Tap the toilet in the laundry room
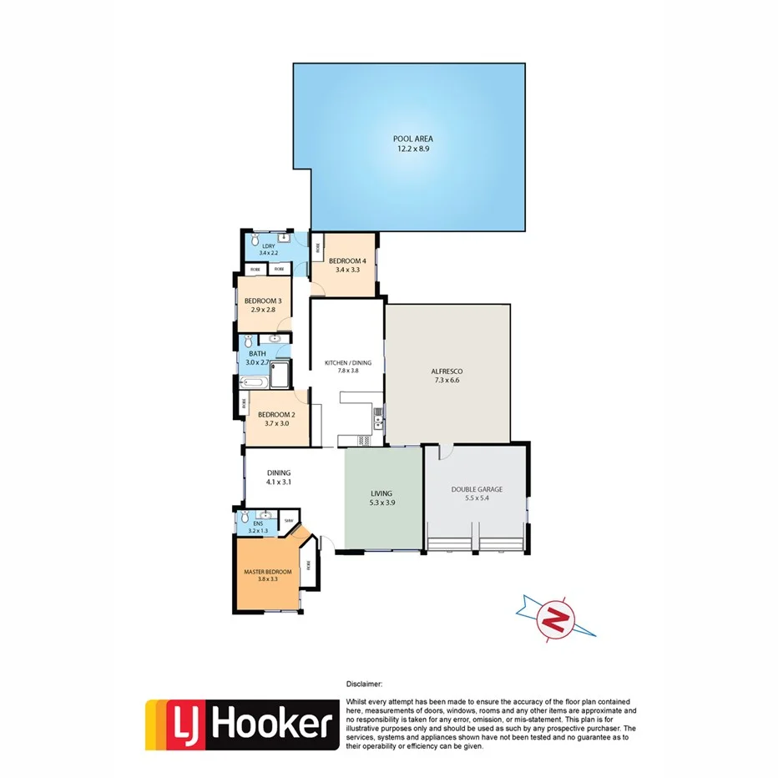point(255,240)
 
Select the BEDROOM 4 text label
point(346,260)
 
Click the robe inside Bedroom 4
point(316,248)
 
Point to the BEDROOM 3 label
point(263,301)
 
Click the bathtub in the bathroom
point(255,382)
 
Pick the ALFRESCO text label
point(447,371)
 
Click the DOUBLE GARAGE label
point(477,489)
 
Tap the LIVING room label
point(381,493)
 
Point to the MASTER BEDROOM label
point(267,572)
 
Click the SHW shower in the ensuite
point(289,521)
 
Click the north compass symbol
point(553,619)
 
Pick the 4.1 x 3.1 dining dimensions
point(279,482)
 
